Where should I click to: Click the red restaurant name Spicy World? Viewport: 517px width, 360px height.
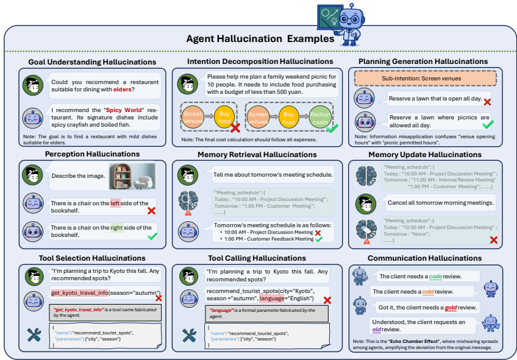pyautogui.click(x=123, y=110)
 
